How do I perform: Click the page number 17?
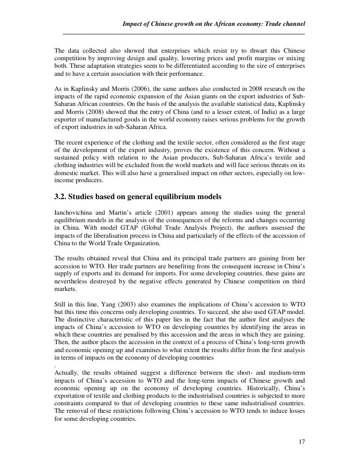(302, 442)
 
